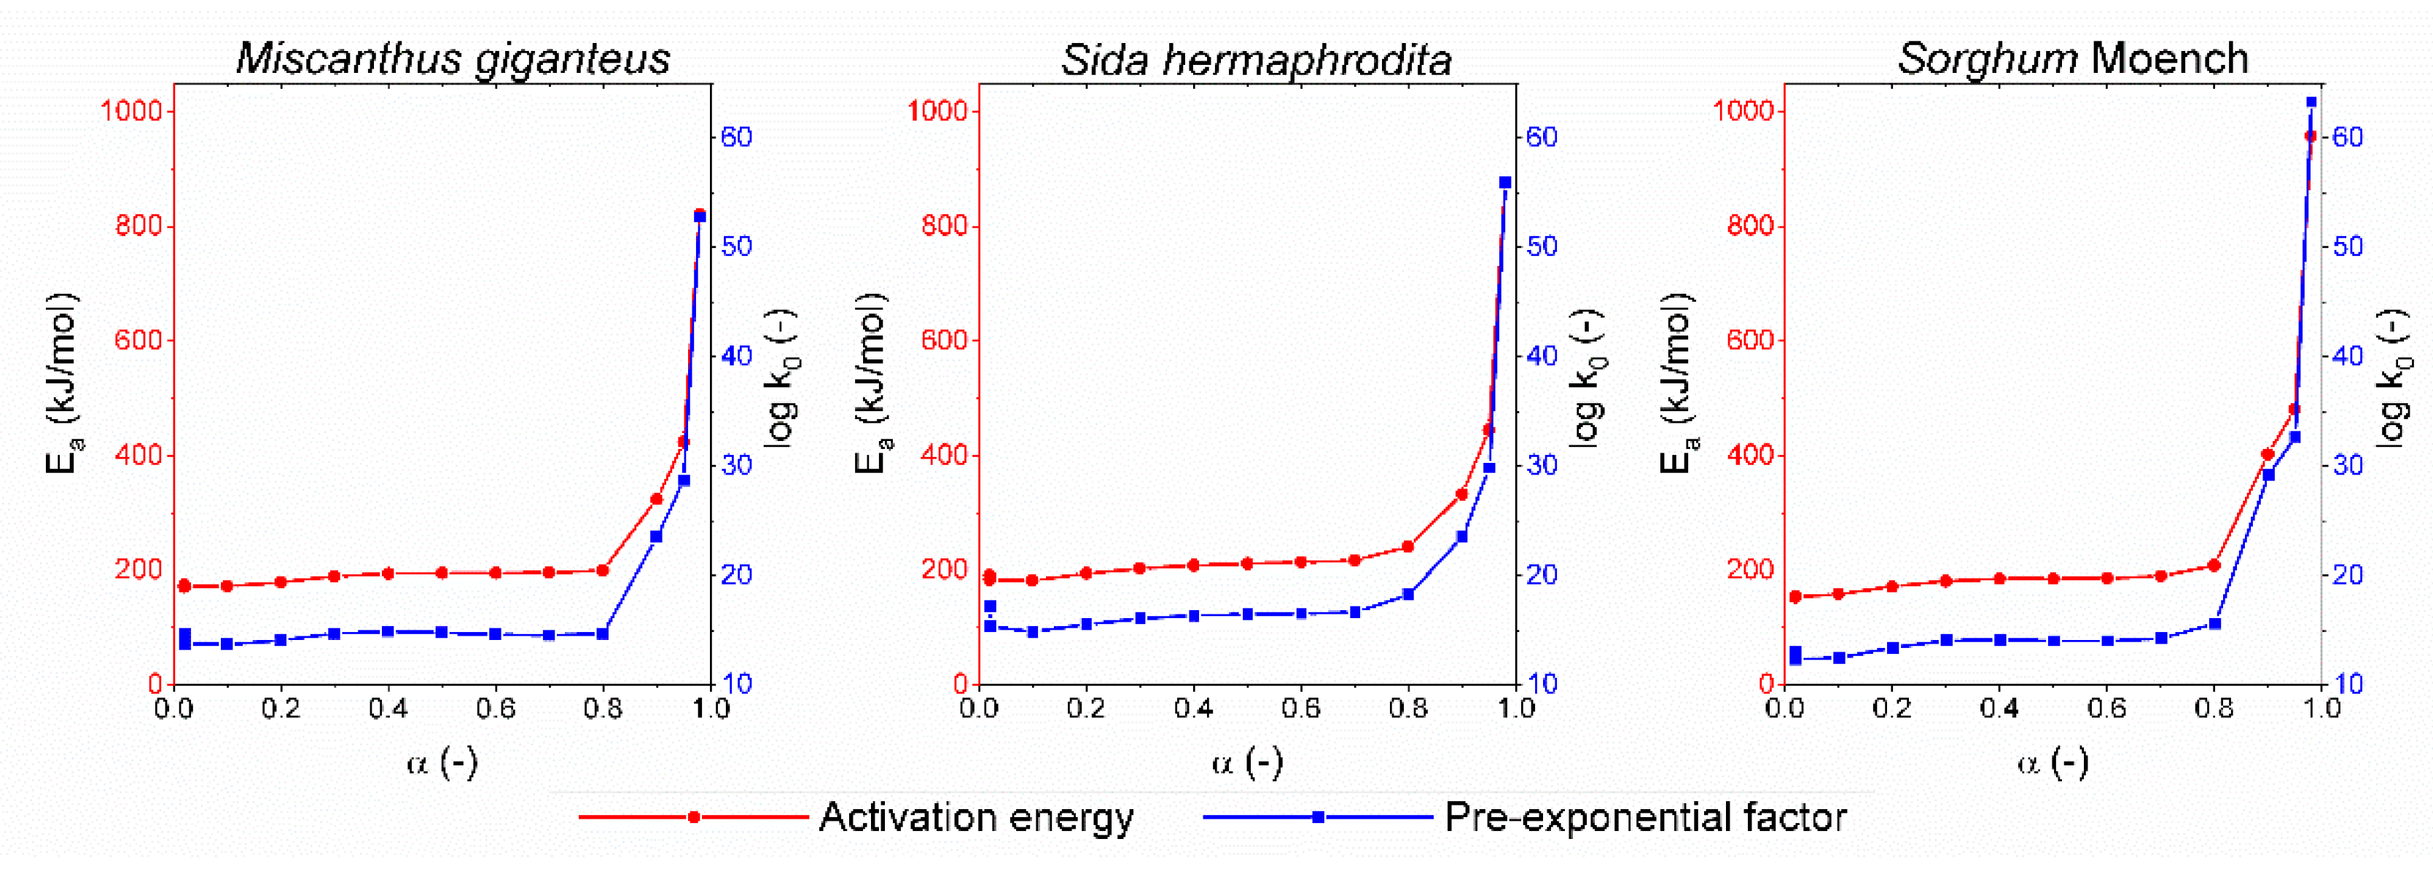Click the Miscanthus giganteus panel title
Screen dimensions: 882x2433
453,58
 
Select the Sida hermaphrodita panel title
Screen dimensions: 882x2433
1255,61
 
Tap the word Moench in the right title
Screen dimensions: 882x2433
2168,58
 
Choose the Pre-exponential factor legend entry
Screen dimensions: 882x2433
1644,817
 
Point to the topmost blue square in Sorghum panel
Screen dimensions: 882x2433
2311,102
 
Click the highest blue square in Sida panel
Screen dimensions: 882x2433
1504,183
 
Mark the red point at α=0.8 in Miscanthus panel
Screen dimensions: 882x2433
603,570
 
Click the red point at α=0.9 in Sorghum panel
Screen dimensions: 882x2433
2267,454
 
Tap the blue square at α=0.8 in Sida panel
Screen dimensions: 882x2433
1408,594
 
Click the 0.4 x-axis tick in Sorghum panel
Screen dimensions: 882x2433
1999,709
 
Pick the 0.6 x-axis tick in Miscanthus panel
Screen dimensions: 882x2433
495,709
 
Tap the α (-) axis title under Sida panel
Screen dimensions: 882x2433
1246,762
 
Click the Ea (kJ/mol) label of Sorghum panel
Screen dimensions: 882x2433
1676,383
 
